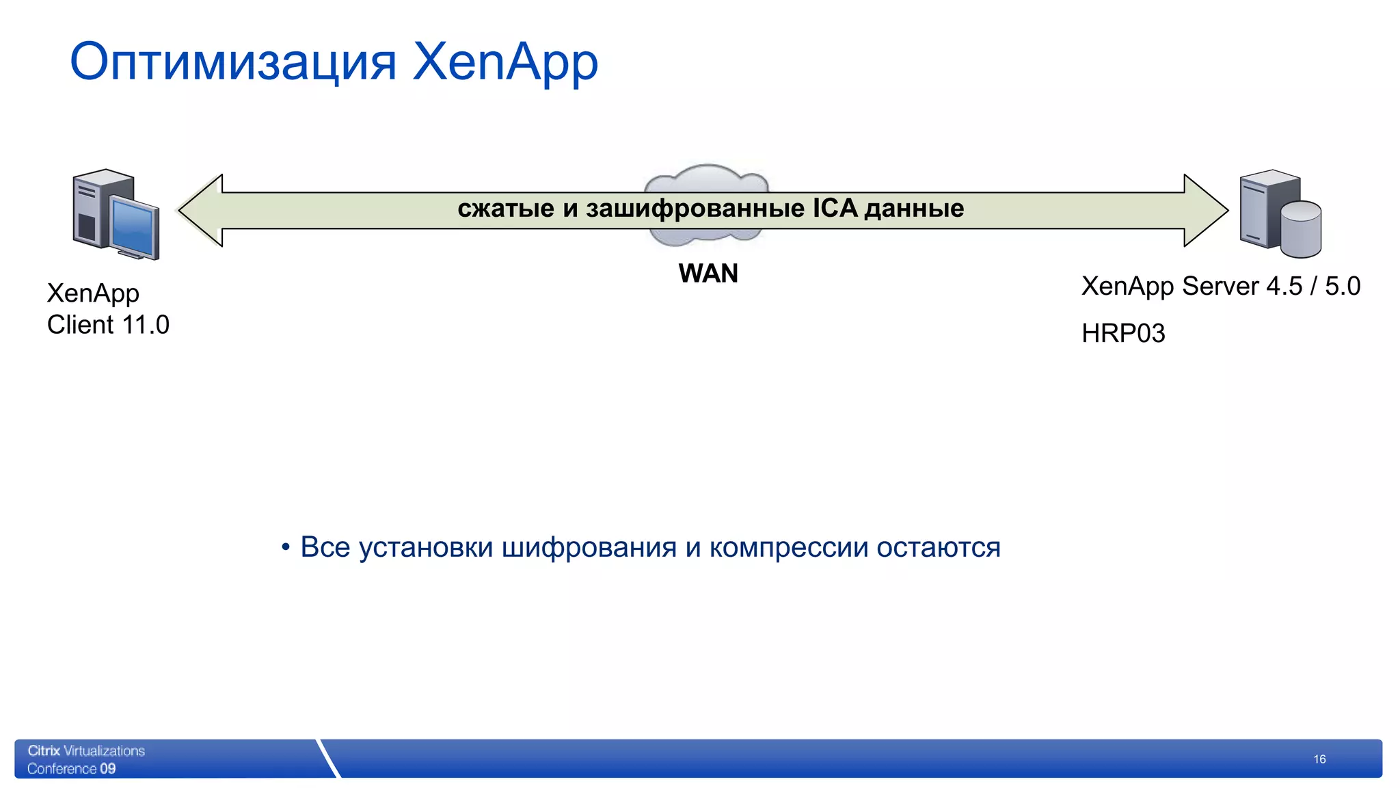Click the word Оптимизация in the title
(x=233, y=62)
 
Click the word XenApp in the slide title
(x=505, y=62)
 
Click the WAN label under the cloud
(x=708, y=274)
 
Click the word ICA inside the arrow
(x=835, y=208)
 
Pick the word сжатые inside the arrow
(x=506, y=209)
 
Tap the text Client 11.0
(x=108, y=325)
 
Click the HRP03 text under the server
(x=1123, y=334)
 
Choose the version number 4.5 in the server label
(x=1284, y=287)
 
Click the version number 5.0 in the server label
(x=1343, y=287)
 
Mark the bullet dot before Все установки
(x=286, y=547)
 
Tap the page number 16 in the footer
(x=1319, y=759)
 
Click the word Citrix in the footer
(x=44, y=751)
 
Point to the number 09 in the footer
(x=107, y=769)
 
